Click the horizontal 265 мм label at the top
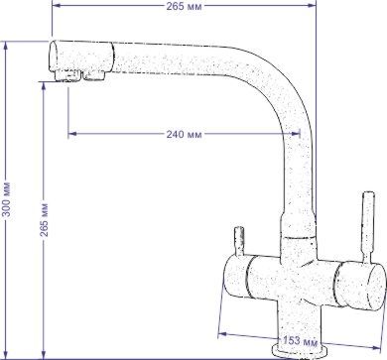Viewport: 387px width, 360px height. tap(184, 6)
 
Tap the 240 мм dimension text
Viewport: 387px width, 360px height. tap(184, 134)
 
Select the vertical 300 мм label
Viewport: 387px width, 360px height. tap(7, 199)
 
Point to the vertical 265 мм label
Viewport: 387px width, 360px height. tap(44, 220)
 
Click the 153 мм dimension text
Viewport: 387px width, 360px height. tap(300, 340)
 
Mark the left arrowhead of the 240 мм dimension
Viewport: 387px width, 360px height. tap(71, 134)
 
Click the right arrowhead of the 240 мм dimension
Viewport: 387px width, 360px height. tap(296, 134)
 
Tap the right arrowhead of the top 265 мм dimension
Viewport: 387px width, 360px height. tap(312, 5)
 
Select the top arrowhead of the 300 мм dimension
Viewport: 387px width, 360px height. tap(6, 46)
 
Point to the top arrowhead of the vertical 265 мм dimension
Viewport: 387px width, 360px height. tap(44, 86)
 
